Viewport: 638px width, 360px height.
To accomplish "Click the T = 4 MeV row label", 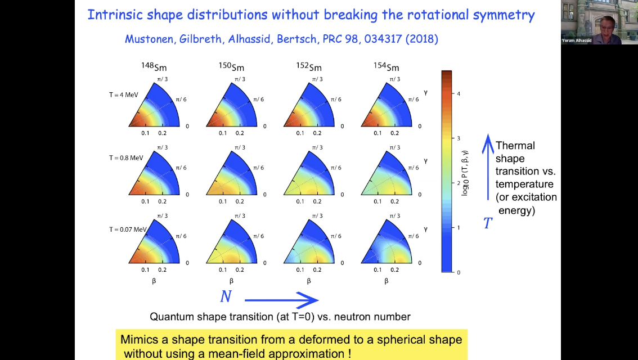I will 124,95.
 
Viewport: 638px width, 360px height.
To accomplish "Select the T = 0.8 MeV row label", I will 127,158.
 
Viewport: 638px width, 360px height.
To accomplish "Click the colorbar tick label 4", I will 459,93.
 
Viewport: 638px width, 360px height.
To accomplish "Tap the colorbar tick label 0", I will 459,272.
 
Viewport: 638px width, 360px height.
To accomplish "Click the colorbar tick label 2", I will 459,183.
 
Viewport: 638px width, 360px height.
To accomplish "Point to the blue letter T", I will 488,224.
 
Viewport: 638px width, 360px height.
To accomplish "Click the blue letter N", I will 226,296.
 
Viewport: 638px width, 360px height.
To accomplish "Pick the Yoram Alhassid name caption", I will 577,40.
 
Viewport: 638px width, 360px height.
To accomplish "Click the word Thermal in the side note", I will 515,146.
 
